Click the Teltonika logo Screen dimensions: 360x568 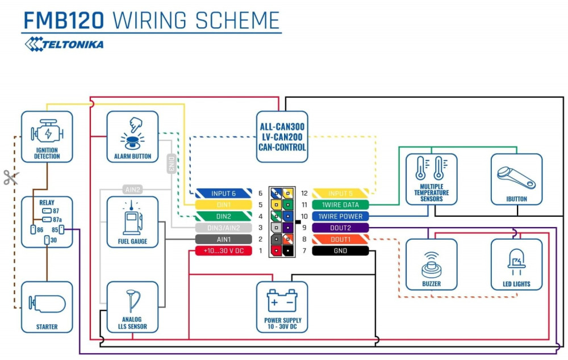point(64,44)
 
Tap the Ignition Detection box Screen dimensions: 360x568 point(47,136)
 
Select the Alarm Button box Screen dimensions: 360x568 point(132,136)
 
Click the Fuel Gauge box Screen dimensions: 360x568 point(132,221)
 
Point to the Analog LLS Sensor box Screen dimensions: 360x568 point(132,307)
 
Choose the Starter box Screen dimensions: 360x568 point(47,307)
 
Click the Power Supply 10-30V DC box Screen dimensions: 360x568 point(282,307)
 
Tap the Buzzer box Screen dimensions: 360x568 point(431,264)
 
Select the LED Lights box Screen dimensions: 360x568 point(516,264)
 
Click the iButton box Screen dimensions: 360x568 point(516,179)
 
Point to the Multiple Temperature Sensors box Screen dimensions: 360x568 point(431,179)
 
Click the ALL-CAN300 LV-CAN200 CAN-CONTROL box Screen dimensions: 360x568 point(282,136)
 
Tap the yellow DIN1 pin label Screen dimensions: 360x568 point(223,204)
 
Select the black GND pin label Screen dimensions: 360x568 point(341,250)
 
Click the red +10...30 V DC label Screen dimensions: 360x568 point(223,250)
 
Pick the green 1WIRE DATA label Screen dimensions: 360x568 point(341,204)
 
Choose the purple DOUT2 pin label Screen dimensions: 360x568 point(341,228)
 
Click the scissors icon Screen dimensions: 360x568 point(11,177)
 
